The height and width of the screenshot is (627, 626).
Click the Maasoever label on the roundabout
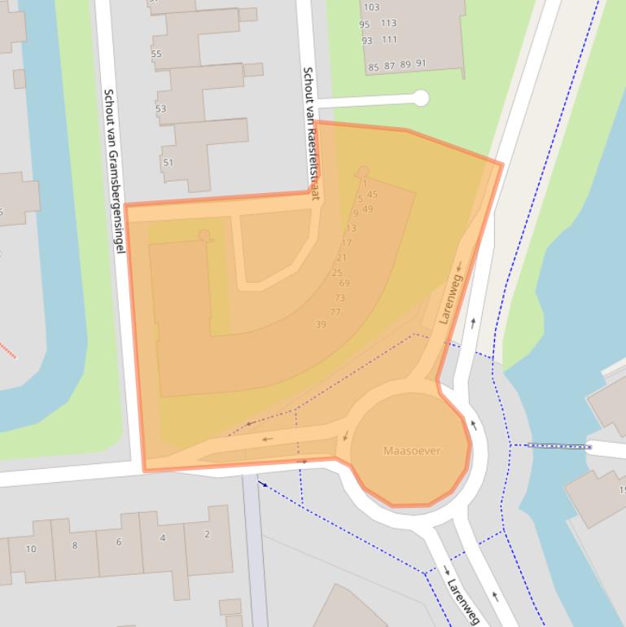[x=412, y=450]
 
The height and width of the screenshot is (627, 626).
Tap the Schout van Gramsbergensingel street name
[x=113, y=170]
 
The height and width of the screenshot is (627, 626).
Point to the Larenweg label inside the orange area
[x=450, y=299]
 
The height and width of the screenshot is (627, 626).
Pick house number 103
[x=371, y=7]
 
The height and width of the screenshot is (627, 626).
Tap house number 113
[x=388, y=24]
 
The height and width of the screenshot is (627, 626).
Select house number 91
[x=421, y=64]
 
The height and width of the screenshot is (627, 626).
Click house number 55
[x=156, y=55]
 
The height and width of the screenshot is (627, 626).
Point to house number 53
[x=160, y=109]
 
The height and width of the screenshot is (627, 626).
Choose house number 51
[x=169, y=163]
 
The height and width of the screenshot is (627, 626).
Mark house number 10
[x=31, y=549]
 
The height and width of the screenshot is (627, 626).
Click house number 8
[x=75, y=546]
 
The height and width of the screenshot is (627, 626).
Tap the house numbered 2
[x=207, y=534]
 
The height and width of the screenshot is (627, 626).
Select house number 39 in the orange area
[x=321, y=325]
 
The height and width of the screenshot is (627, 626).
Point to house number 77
[x=335, y=313]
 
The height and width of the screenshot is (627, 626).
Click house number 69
[x=344, y=283]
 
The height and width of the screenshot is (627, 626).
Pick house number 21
[x=341, y=258]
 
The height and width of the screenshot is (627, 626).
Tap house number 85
[x=374, y=68]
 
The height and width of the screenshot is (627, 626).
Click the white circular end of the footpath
[x=421, y=99]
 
